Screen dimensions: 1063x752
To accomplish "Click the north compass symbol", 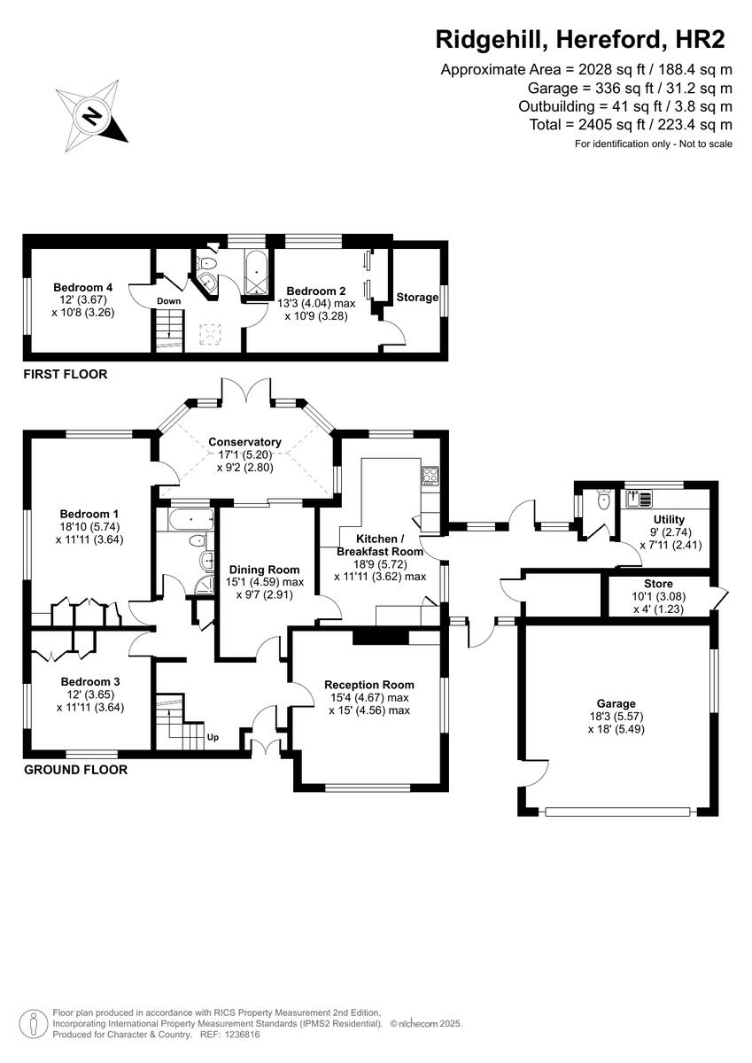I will (91, 114).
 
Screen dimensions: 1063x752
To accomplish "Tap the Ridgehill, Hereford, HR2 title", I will (580, 39).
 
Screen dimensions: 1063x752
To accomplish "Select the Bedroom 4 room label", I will (82, 287).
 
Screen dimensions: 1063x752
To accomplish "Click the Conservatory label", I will (244, 442).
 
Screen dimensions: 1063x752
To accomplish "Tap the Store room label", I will (658, 584).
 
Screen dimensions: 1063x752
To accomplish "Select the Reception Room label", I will (368, 685).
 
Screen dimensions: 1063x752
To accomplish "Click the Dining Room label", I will (264, 570).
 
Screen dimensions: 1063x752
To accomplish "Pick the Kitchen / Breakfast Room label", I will (380, 545).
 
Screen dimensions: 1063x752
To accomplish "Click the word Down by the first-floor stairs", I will (169, 301).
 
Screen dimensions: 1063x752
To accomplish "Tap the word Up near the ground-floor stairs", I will (213, 736).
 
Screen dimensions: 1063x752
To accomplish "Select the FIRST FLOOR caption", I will (66, 375).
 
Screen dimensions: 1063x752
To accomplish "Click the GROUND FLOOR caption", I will (75, 770).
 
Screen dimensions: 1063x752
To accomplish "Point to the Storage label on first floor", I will (417, 297).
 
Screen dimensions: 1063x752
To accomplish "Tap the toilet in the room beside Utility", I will (604, 501).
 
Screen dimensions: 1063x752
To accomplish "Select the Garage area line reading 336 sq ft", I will (629, 88).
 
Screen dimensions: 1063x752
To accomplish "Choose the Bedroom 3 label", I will (89, 681).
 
